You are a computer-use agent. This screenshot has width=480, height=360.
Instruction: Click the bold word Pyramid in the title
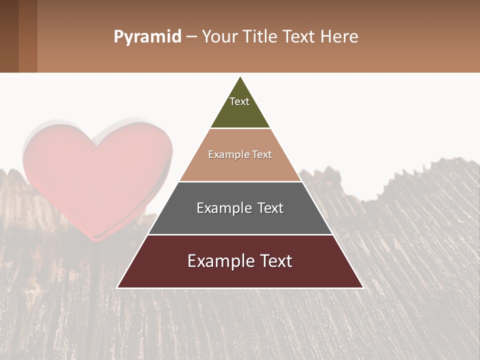(147, 37)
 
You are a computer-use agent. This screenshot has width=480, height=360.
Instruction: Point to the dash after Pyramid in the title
(191, 37)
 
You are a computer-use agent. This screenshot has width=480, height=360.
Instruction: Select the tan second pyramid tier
(240, 167)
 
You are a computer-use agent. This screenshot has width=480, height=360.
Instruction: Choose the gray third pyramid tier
(240, 220)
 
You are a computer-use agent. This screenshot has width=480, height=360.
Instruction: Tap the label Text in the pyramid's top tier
(239, 101)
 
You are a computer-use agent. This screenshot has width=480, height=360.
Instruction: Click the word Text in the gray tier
(269, 208)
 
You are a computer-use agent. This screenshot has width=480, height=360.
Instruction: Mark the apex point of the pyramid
(240, 77)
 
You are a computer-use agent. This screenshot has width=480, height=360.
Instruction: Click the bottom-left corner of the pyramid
(117, 287)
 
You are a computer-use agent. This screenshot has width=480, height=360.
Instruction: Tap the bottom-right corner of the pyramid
(363, 287)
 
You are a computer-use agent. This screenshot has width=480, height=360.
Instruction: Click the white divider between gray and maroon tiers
(240, 234)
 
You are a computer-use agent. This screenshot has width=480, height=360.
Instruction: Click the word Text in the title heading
(298, 37)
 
